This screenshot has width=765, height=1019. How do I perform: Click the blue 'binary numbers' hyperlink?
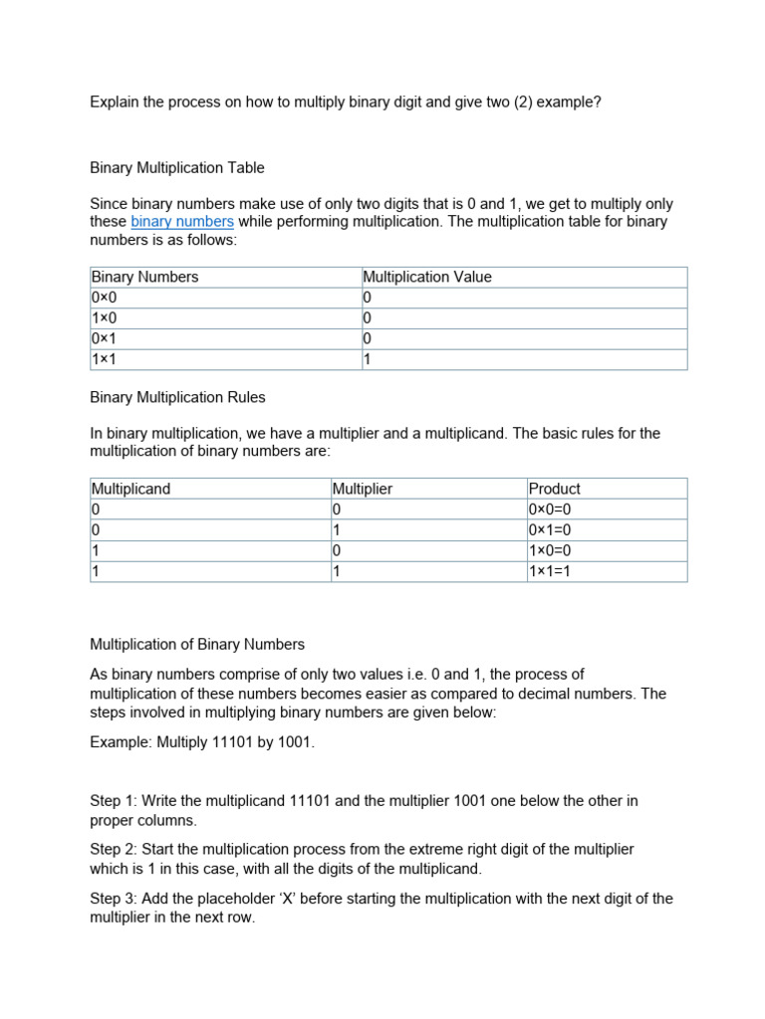[182, 222]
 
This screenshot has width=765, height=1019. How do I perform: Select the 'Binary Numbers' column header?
[144, 277]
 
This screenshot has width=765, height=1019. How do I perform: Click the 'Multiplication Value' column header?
[427, 277]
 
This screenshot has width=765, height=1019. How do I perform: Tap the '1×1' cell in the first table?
[104, 359]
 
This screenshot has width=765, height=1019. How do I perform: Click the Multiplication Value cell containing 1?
[367, 359]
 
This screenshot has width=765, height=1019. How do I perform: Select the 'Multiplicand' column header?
[130, 489]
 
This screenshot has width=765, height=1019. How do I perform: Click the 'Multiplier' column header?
[363, 489]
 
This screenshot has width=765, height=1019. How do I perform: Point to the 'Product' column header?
[554, 489]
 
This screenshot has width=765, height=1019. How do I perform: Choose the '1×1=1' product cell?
[550, 571]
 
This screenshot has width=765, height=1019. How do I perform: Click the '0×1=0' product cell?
[550, 530]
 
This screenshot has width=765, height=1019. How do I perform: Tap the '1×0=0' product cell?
[550, 551]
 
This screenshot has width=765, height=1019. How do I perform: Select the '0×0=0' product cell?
[550, 509]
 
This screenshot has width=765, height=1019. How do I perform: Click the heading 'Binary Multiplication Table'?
[177, 167]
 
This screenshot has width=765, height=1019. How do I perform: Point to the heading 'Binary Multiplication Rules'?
[177, 397]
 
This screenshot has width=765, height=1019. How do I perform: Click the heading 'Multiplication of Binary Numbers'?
[197, 644]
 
